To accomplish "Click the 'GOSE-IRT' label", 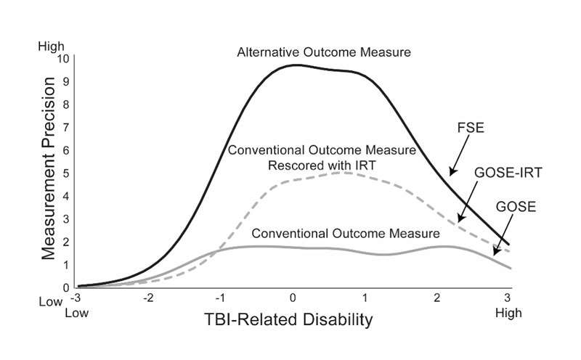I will click(500, 174).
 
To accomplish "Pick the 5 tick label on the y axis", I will click(66, 173).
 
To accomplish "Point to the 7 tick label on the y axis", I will click(66, 127).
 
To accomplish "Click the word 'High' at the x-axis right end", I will click(507, 312).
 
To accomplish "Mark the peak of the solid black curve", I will click(296, 65).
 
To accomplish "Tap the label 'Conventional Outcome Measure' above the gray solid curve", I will click(346, 234).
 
